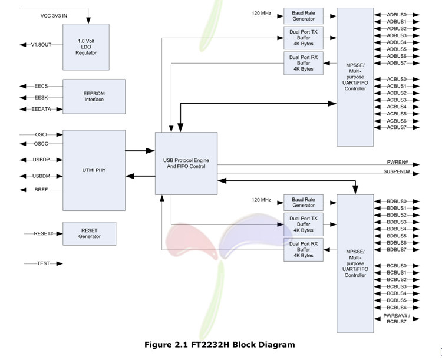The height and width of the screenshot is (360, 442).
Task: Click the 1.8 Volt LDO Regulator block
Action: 86,46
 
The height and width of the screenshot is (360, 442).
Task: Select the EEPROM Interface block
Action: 94,96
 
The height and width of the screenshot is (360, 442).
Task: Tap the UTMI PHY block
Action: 94,170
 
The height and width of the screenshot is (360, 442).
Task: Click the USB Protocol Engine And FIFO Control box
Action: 186,163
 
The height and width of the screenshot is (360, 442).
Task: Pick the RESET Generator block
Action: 89,233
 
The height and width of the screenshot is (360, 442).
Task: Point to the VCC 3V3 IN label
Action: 50,16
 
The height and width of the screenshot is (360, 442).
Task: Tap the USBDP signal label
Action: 41,160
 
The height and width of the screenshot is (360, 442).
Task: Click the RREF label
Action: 41,190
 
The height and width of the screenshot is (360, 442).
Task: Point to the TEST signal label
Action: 43,263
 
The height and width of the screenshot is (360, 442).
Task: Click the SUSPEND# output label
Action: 396,171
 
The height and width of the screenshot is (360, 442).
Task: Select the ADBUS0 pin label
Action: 397,14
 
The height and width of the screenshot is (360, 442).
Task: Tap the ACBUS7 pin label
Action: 397,127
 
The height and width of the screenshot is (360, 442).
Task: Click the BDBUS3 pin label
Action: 397,222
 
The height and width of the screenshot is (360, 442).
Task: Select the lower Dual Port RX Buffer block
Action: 304,249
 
